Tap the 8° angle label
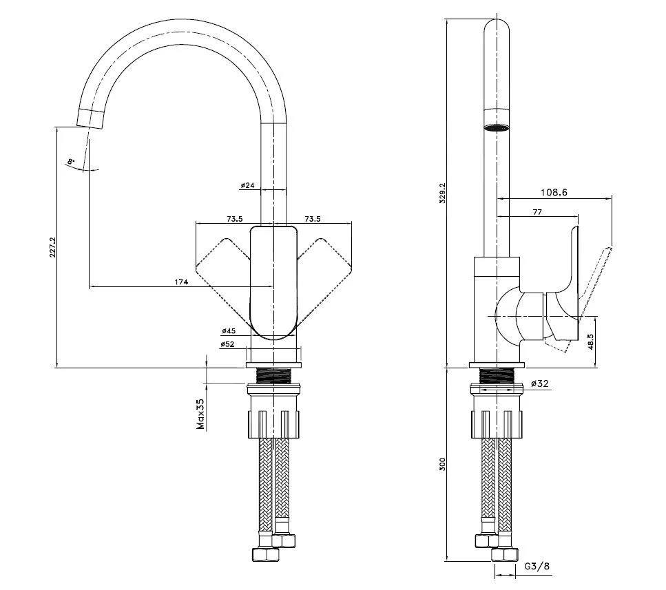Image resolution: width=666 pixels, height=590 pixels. [70, 161]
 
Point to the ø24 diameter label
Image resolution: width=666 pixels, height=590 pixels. [248, 185]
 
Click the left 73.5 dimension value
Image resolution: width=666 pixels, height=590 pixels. [235, 219]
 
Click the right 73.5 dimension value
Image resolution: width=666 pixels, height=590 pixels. [313, 219]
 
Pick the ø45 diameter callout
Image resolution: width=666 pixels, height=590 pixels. [229, 330]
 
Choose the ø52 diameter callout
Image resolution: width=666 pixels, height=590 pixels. [229, 344]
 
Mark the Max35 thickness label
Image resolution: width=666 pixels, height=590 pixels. [201, 413]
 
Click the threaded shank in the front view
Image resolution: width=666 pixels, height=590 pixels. [274, 376]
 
